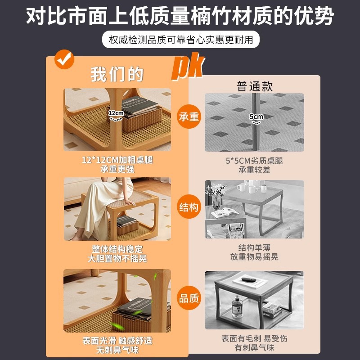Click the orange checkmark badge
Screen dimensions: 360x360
pyautogui.click(x=64, y=59)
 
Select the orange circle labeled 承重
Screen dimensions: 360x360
pyautogui.click(x=189, y=117)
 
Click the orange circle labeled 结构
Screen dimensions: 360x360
pyautogui.click(x=189, y=207)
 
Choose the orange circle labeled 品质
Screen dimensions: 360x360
pyautogui.click(x=189, y=298)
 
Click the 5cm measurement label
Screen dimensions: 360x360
pyautogui.click(x=256, y=117)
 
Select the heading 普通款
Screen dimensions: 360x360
pyautogui.click(x=255, y=86)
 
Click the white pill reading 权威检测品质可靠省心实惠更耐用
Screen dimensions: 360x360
pyautogui.click(x=181, y=40)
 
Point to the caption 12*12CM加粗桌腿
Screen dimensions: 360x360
pyautogui.click(x=117, y=160)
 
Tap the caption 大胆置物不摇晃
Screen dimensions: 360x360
pyautogui.click(x=117, y=259)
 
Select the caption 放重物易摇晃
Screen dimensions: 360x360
pyautogui.click(x=254, y=257)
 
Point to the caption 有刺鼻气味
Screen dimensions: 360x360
pyautogui.click(x=254, y=348)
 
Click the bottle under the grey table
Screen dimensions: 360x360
pyautogui.click(x=236, y=309)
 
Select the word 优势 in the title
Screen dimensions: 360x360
pyautogui.click(x=318, y=17)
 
